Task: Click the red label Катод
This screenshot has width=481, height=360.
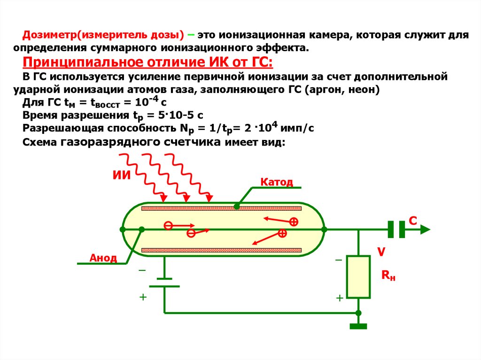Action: [276, 182]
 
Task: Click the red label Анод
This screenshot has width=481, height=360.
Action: [103, 258]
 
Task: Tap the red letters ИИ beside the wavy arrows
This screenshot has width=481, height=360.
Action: [122, 175]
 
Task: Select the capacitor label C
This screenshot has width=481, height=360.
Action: [413, 221]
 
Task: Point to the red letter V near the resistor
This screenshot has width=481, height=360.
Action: [381, 252]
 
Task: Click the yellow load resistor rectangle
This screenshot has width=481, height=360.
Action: [358, 277]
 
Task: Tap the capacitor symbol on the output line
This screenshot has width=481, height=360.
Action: [396, 230]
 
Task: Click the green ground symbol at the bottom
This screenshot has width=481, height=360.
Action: [358, 326]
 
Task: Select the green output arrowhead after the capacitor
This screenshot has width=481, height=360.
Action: [425, 230]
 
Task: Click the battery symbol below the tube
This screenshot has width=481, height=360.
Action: [164, 283]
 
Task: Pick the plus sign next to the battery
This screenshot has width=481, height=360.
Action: [143, 297]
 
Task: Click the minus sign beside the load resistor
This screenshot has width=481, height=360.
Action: [339, 260]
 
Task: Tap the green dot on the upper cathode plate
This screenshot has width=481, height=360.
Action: [237, 207]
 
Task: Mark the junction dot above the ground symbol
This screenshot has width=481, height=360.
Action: [358, 313]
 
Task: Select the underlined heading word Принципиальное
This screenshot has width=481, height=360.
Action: [83, 62]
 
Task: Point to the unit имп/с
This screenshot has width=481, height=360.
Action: [297, 128]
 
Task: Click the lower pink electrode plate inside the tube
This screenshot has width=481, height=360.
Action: [222, 250]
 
